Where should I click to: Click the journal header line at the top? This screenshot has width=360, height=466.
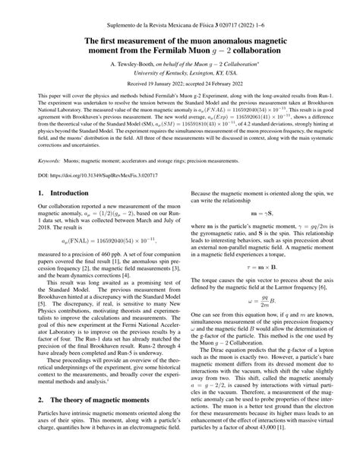point(180,15)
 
